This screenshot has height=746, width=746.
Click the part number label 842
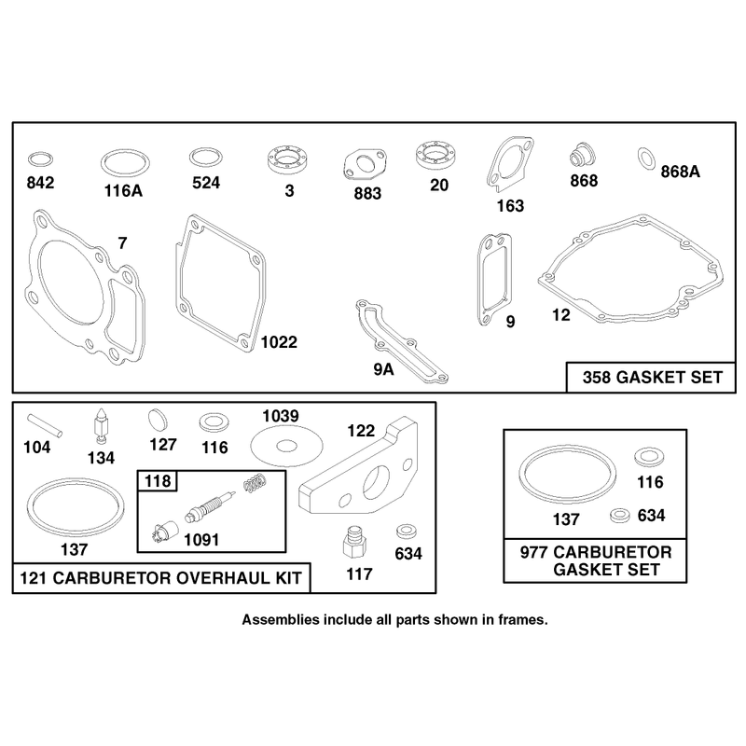click(x=40, y=183)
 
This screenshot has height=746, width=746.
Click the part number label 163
click(x=510, y=206)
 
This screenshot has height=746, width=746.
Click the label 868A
click(x=681, y=172)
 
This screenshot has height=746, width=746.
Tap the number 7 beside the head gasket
click(x=123, y=243)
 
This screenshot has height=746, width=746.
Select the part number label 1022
click(x=279, y=342)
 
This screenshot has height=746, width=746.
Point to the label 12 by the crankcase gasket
click(x=561, y=315)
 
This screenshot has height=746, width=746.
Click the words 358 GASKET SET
click(x=652, y=378)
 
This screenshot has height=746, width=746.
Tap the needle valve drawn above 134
click(x=102, y=425)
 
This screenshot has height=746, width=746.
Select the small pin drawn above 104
click(x=45, y=425)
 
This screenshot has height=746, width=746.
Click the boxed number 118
click(x=158, y=481)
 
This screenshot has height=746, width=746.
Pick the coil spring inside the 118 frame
click(x=255, y=484)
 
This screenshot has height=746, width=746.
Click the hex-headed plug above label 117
click(x=355, y=543)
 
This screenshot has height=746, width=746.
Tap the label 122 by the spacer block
click(x=361, y=431)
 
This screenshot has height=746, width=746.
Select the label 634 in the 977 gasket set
click(x=651, y=516)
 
